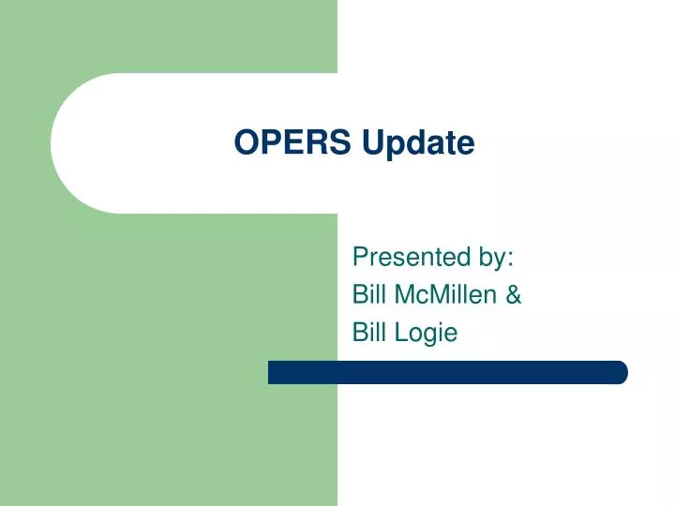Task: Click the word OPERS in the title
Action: pos(293,142)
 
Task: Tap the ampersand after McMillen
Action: pos(514,294)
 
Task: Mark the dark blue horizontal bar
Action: pos(447,372)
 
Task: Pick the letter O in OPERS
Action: pos(245,142)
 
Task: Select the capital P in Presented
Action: pos(359,257)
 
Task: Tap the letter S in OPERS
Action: pos(342,142)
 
